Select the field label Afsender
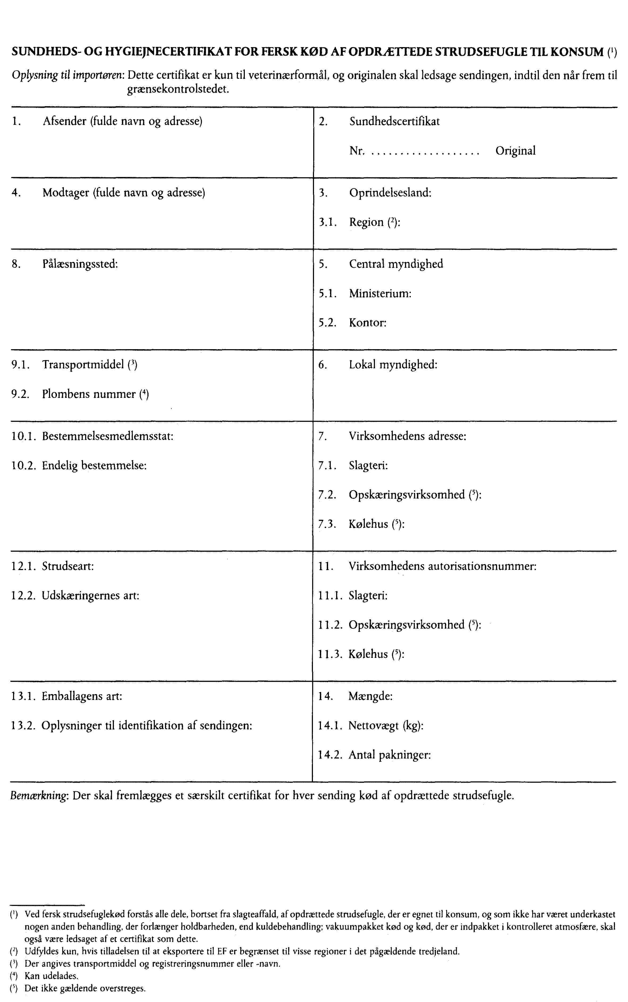coord(64,121)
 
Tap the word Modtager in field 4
coord(66,193)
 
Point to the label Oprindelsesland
coord(390,193)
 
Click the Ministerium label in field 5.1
coord(380,294)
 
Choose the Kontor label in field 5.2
coord(367,323)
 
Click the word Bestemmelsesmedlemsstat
coord(107,436)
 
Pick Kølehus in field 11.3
coord(367,654)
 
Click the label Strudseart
coord(67,566)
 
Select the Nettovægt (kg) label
coord(385,726)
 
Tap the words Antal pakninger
coord(389,755)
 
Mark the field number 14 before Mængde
coord(325,696)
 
